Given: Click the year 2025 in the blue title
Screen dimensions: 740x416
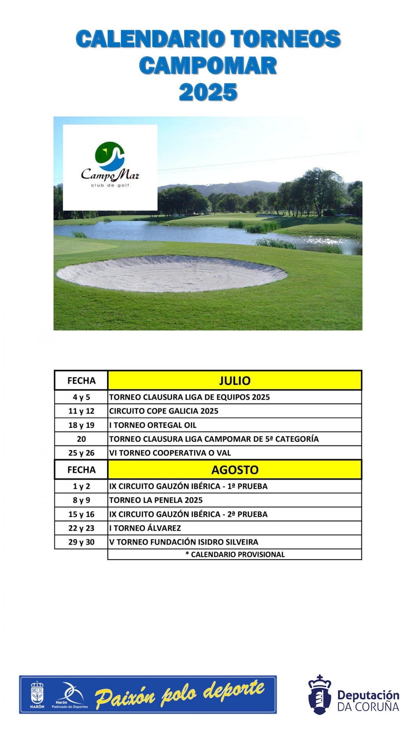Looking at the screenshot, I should point(208,92).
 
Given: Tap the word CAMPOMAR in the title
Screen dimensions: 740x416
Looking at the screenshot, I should point(208,66).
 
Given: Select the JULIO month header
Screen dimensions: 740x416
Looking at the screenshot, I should point(235,380).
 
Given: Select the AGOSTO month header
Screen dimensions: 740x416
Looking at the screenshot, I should point(235,470).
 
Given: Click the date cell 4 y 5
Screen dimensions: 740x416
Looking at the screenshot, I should point(81,397).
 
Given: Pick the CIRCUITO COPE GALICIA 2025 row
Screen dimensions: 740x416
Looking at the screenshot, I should point(164,411).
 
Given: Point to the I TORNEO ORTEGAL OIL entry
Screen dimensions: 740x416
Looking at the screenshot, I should point(153,425).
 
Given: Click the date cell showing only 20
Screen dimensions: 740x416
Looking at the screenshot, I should point(81,439).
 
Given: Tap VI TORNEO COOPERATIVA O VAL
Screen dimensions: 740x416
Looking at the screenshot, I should point(170,453).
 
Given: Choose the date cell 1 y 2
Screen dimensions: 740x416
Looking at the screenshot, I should point(81,486).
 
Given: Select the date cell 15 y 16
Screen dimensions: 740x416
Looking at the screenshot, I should point(81,514).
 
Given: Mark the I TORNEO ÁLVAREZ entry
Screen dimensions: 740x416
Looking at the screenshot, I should point(145,528).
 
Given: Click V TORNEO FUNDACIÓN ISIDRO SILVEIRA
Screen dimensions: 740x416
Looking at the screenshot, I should point(184,542).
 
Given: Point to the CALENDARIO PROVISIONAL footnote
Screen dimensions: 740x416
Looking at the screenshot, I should point(235,554).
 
